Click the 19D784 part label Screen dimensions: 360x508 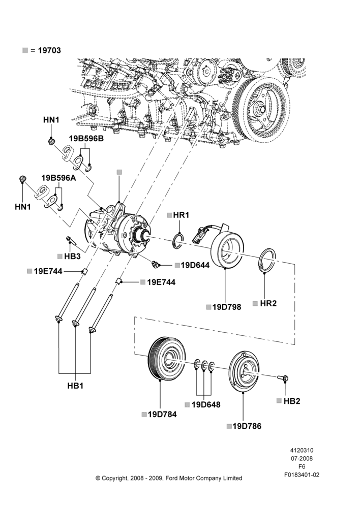tap(162, 415)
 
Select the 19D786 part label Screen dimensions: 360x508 tap(247, 426)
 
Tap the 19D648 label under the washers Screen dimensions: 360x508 tap(206, 405)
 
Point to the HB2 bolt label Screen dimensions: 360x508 tap(292, 401)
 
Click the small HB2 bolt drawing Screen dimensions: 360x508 tap(283, 378)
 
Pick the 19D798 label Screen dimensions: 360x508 tap(227, 307)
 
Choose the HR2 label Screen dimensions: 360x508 tap(268, 304)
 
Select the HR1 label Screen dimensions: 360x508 tap(181, 215)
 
